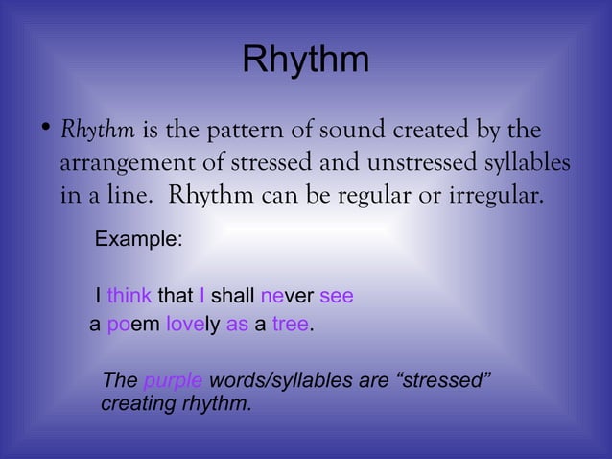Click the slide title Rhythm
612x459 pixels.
pyautogui.click(x=305, y=60)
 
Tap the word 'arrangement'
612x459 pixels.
pyautogui.click(x=123, y=163)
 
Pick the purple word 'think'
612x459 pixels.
pyautogui.click(x=129, y=295)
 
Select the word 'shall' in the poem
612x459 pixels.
pyautogui.click(x=232, y=295)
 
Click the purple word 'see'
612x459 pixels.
pyautogui.click(x=336, y=295)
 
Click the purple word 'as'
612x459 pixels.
pyautogui.click(x=237, y=325)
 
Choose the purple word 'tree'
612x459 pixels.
pyautogui.click(x=290, y=325)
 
